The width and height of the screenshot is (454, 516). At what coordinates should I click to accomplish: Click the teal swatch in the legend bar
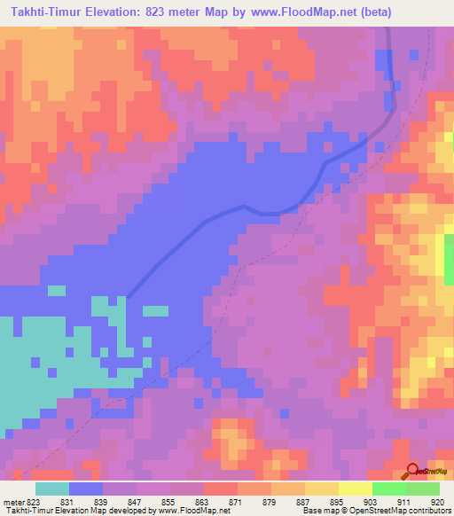click(52, 489)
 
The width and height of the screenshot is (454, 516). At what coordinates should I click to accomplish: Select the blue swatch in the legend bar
click(86, 489)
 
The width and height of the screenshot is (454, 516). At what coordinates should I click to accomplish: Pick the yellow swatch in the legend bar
click(322, 489)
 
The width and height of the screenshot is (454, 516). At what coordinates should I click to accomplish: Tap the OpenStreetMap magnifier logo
click(412, 470)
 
